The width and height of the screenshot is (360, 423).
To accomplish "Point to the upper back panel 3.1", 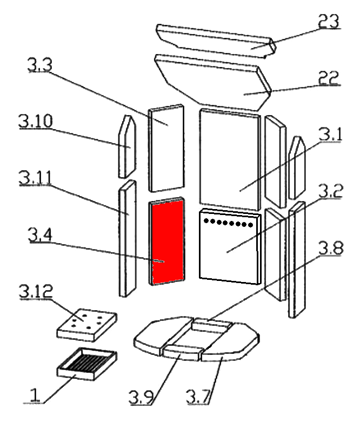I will (230, 159).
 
